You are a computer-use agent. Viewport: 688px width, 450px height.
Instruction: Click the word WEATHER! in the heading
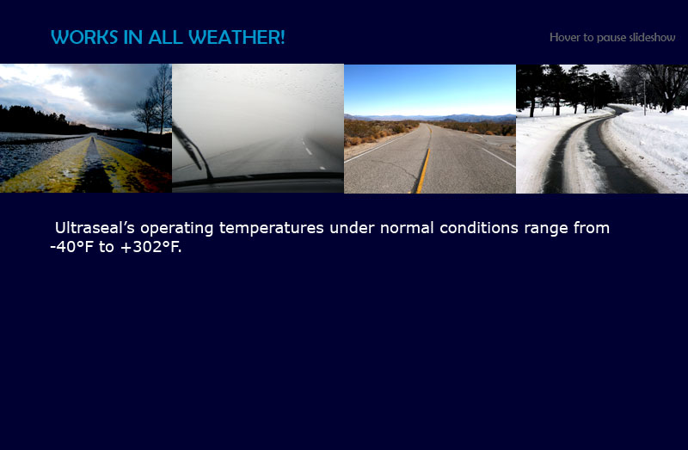pyautogui.click(x=237, y=37)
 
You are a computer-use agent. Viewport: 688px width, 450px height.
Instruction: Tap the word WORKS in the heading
pyautogui.click(x=84, y=37)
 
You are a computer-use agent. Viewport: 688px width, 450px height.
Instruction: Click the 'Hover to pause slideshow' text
pyautogui.click(x=612, y=37)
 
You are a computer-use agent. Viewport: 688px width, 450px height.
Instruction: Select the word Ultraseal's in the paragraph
pyautogui.click(x=95, y=228)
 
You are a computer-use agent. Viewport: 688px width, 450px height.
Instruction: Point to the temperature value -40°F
pyautogui.click(x=72, y=247)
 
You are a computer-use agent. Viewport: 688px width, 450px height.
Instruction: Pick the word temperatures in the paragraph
pyautogui.click(x=272, y=228)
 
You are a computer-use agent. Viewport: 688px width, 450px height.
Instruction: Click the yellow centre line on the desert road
pyautogui.click(x=423, y=169)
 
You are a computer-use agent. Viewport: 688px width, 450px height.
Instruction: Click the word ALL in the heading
pyautogui.click(x=166, y=37)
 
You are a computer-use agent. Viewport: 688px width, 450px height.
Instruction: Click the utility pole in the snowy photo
pyautogui.click(x=644, y=97)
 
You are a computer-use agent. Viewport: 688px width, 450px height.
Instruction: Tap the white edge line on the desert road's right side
pyautogui.click(x=498, y=157)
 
